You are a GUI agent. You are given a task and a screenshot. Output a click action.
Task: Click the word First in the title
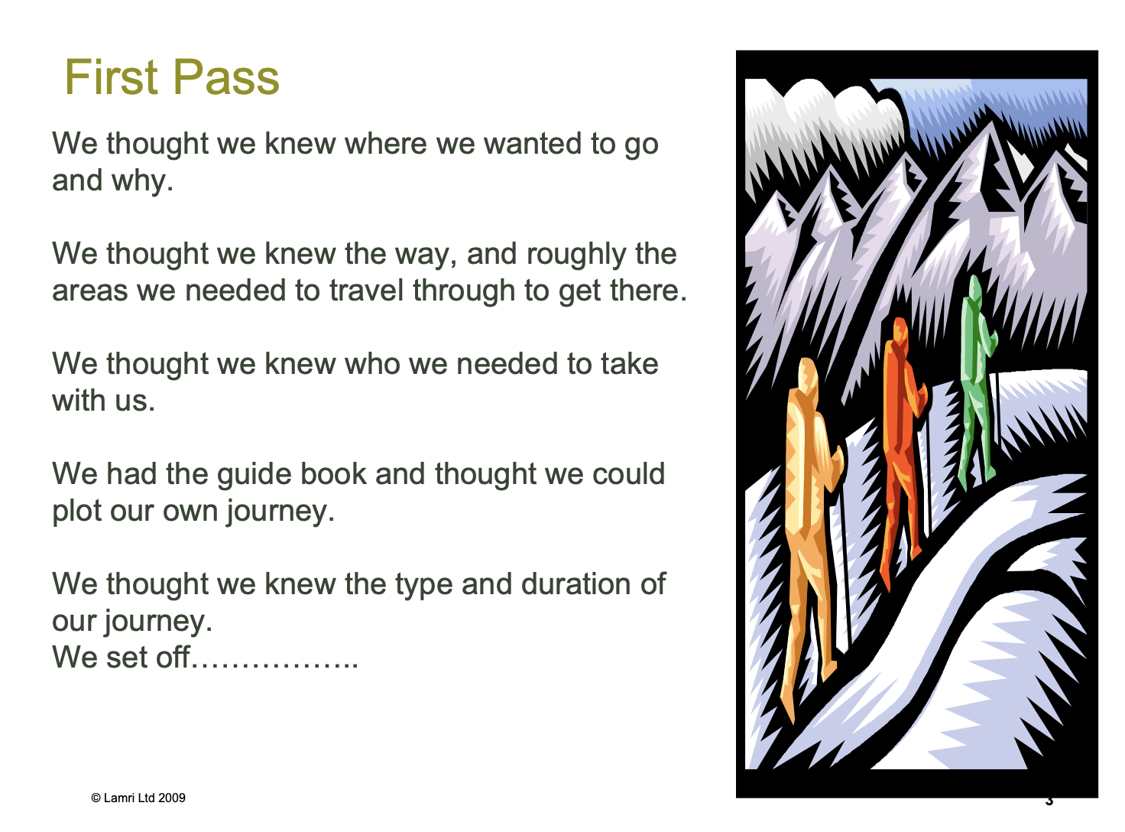pos(111,77)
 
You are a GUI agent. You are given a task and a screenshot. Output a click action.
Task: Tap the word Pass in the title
pos(226,77)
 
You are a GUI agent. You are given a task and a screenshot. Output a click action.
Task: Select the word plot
pos(76,512)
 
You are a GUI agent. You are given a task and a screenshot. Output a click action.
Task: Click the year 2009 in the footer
pos(171,798)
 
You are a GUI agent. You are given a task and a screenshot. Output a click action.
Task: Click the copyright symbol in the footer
pos(96,798)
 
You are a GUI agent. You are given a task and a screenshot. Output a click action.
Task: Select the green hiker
pos(977,381)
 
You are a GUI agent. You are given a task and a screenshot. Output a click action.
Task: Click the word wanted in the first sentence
pos(532,144)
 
